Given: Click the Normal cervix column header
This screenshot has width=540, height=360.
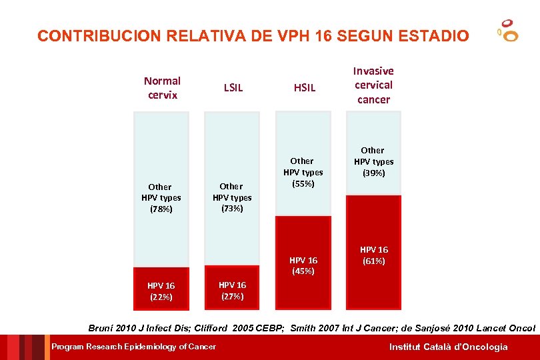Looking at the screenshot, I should point(162,88).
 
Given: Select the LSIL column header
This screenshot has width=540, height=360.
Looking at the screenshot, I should point(233,87).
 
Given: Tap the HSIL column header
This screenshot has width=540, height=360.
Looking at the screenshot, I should point(305,87).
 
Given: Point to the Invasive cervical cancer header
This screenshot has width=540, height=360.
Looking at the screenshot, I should point(373,85).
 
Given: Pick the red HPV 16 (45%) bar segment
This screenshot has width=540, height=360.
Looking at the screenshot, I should point(303,263).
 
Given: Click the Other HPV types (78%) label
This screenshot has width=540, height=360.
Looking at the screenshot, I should point(160,198).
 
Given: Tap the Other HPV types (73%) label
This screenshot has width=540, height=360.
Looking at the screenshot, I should point(231,197).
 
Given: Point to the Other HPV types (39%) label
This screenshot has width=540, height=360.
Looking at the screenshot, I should point(373,161).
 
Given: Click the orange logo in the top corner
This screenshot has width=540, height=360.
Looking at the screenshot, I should point(508,31).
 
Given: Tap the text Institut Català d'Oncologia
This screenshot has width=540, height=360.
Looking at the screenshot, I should point(449,347).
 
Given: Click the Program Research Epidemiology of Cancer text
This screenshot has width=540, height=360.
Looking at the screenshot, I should point(134,347).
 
